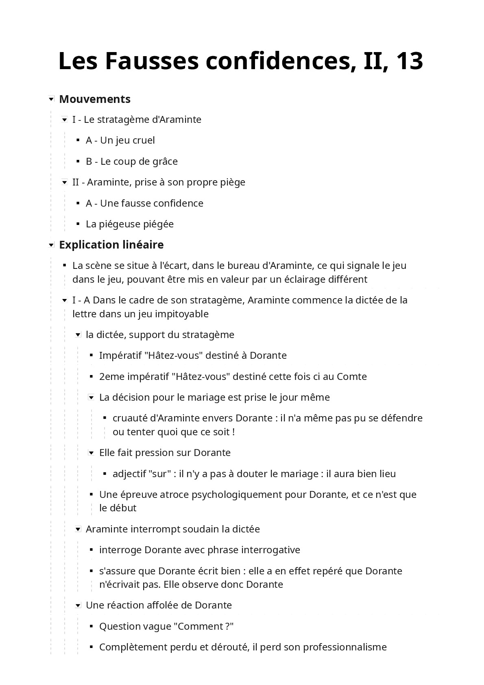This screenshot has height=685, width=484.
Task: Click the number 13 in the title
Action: (x=409, y=61)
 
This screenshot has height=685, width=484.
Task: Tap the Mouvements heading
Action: (x=95, y=99)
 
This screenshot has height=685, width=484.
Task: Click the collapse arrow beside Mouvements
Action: (x=51, y=99)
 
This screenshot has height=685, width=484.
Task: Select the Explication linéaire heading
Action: (x=111, y=244)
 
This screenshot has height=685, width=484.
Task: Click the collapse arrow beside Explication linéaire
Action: (x=51, y=245)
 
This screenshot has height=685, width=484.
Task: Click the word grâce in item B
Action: (x=165, y=161)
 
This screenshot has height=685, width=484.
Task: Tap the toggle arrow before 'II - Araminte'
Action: (x=64, y=183)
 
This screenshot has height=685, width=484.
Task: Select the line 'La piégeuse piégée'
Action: (x=130, y=224)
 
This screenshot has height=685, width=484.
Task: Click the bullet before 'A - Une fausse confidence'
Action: (x=78, y=203)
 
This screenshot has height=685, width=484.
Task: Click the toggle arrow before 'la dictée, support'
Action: (x=78, y=335)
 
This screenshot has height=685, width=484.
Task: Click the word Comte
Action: (x=352, y=377)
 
